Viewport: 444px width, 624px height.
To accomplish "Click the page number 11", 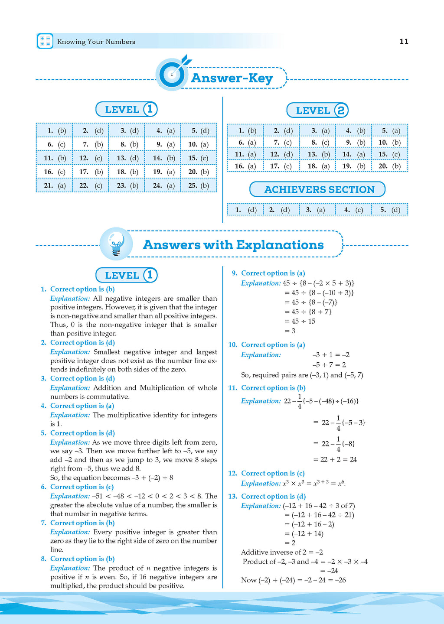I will [x=404, y=42].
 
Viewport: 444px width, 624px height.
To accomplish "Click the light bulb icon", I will [x=116, y=244].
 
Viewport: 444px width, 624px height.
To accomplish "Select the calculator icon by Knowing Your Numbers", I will [x=45, y=41].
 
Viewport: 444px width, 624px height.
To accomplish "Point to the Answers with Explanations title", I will [x=233, y=245].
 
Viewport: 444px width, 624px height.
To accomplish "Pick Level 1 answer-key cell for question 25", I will [x=199, y=185].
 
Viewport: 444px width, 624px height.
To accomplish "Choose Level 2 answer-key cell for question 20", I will [x=389, y=166].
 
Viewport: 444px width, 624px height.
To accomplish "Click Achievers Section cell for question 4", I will [x=353, y=210].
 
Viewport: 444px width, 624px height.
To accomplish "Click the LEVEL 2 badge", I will [x=317, y=110].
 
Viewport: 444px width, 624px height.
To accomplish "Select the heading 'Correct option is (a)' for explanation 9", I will [x=273, y=273].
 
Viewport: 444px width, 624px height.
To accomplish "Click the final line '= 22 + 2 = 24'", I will [x=335, y=459].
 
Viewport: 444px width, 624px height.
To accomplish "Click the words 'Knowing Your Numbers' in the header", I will [x=96, y=42].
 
